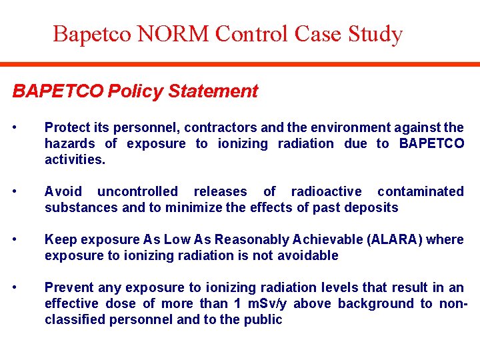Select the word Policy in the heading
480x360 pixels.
click(x=136, y=91)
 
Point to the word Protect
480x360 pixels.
click(x=67, y=127)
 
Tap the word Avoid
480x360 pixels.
click(x=62, y=191)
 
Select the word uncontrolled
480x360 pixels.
click(x=137, y=191)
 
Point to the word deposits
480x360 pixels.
click(x=371, y=207)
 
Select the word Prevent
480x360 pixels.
click(x=69, y=287)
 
